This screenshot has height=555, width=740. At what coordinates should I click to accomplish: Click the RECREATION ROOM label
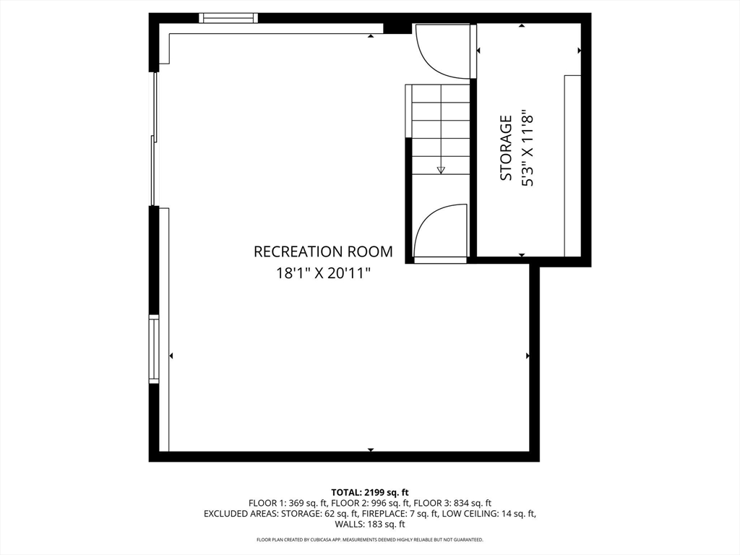(x=323, y=251)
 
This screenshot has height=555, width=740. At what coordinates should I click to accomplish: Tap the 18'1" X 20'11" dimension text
(x=323, y=272)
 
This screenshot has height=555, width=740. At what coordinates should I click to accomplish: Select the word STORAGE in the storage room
(x=506, y=147)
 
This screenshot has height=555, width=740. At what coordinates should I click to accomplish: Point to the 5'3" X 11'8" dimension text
(x=528, y=147)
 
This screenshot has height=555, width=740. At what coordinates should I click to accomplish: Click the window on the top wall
(x=228, y=18)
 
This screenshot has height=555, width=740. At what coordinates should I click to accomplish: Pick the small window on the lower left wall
(x=154, y=349)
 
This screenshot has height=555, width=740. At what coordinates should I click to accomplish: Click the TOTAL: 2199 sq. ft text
(x=370, y=493)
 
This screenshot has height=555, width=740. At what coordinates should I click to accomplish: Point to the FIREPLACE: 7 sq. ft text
(x=404, y=514)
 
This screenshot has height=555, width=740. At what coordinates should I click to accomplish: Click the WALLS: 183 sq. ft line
(x=370, y=524)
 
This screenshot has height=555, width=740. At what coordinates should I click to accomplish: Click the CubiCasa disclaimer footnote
(x=370, y=539)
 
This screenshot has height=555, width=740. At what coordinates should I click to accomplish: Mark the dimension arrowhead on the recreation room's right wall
(x=527, y=356)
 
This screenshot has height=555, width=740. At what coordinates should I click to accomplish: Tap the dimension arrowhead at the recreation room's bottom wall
(x=371, y=449)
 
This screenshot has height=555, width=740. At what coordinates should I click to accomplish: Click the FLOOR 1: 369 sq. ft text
(x=288, y=503)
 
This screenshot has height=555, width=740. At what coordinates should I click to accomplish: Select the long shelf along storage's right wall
(x=572, y=165)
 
